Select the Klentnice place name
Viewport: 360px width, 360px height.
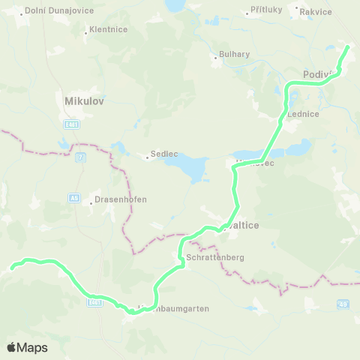(x=108, y=29)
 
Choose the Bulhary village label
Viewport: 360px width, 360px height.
(x=234, y=54)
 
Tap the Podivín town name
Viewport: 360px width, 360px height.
(x=318, y=73)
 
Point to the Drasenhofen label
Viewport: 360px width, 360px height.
(x=120, y=199)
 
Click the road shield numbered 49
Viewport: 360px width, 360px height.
(x=343, y=303)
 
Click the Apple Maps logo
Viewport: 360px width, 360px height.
(x=27, y=347)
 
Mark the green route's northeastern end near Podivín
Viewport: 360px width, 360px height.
(x=347, y=47)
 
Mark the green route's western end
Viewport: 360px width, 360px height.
(x=11, y=266)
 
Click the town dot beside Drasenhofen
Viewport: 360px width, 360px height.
(x=90, y=199)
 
